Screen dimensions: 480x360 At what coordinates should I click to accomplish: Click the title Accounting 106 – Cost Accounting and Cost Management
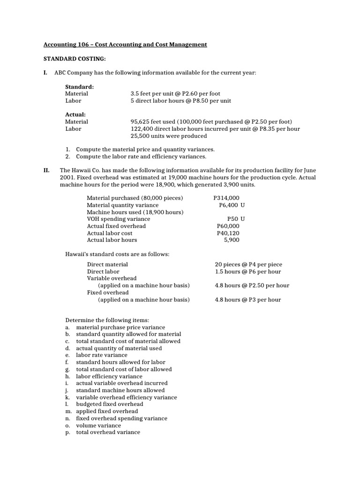pos(125,45)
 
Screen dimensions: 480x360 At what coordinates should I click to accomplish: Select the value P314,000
pos(226,198)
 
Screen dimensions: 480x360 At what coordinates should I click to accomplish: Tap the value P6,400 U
pos(232,205)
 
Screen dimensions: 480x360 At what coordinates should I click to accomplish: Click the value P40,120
pos(228,233)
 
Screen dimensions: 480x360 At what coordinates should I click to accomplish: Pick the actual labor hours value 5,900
pos(232,240)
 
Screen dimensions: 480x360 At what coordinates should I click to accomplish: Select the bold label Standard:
pos(79,87)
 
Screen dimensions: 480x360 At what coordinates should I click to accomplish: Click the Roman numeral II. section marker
pos(47,171)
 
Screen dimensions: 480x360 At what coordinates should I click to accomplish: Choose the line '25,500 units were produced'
pos(168,136)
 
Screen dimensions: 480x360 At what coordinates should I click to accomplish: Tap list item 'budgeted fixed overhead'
pos(110,404)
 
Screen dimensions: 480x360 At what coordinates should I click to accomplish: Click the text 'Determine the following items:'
pos(106,320)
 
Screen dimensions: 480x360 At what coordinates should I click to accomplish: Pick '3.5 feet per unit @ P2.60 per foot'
pos(175,94)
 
